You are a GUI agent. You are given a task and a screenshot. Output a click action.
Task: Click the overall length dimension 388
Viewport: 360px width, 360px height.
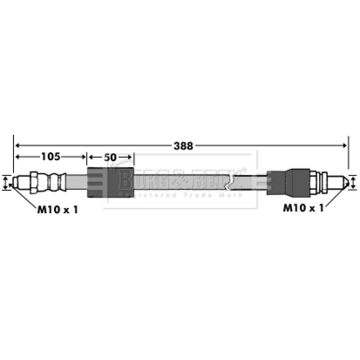[x=183, y=145]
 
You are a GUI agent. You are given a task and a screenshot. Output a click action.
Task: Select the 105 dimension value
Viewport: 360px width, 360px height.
[x=50, y=157]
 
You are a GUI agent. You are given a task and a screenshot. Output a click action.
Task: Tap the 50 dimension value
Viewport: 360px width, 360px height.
[x=110, y=157]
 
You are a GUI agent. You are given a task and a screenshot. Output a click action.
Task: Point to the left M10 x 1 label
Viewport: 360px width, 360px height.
[x=57, y=209]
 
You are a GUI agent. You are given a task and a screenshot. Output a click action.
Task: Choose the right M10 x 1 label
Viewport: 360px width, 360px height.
[x=303, y=208]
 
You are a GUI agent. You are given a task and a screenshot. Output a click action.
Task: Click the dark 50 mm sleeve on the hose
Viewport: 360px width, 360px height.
[x=110, y=182]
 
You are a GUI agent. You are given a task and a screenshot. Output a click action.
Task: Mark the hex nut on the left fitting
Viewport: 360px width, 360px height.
[x=35, y=182]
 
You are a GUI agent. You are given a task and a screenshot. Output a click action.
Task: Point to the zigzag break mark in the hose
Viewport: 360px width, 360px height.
[x=231, y=183]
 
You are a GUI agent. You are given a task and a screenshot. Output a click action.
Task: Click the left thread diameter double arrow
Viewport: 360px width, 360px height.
[x=5, y=183]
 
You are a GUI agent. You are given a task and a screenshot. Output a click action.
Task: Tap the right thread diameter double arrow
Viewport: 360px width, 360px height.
[x=354, y=183]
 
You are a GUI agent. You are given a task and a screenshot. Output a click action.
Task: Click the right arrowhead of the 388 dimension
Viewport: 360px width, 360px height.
[x=345, y=145]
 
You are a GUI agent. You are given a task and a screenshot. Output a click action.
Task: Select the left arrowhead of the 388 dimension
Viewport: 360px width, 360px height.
[x=18, y=145]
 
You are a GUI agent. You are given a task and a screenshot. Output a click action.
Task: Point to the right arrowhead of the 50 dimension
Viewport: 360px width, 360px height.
[x=131, y=157]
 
